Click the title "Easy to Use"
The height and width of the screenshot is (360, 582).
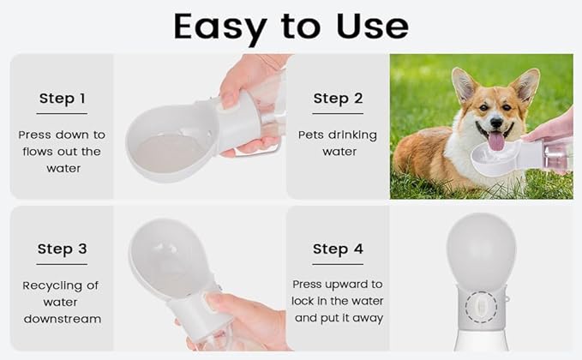[291, 27]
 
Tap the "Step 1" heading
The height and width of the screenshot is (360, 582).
[62, 99]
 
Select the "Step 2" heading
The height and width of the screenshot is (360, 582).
[338, 99]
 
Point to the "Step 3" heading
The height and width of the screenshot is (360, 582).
[62, 249]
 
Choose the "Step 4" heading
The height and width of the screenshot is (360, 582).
[338, 249]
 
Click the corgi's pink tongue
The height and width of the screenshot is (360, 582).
[496, 141]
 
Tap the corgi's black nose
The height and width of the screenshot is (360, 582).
[496, 123]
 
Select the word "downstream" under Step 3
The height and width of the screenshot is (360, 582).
[62, 319]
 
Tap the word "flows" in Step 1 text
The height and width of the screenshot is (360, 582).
[36, 152]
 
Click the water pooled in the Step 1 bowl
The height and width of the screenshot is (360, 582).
[170, 153]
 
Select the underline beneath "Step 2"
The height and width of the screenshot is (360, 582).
[338, 113]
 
